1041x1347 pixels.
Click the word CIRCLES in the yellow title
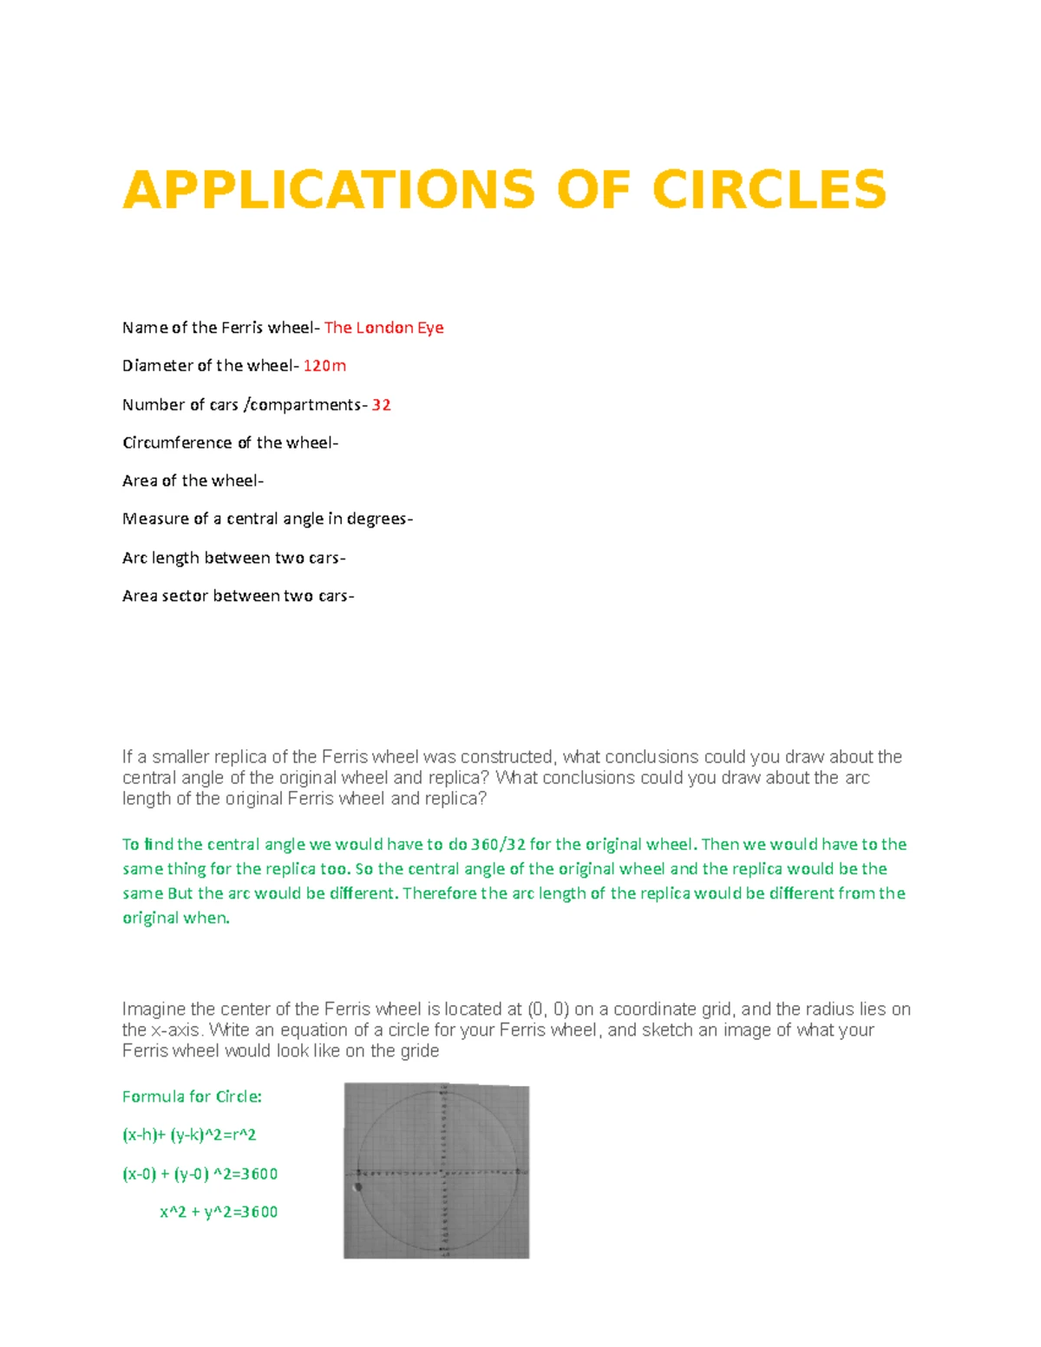[769, 190]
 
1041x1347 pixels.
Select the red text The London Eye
[383, 328]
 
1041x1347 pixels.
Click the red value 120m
[324, 366]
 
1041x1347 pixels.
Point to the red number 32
[381, 405]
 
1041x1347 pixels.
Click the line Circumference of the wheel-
[230, 443]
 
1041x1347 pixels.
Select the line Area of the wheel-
[193, 481]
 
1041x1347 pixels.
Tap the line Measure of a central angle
[267, 520]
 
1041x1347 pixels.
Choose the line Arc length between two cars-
[233, 558]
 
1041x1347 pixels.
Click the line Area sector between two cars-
[238, 596]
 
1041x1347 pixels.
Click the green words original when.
[175, 918]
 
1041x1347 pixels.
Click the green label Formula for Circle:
[192, 1097]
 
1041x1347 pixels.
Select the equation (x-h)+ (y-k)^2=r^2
[189, 1135]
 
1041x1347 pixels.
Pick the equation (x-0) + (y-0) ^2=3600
[200, 1174]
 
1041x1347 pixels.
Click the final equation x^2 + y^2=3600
[219, 1213]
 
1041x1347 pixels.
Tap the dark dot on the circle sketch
[358, 1187]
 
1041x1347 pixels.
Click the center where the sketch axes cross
[444, 1172]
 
